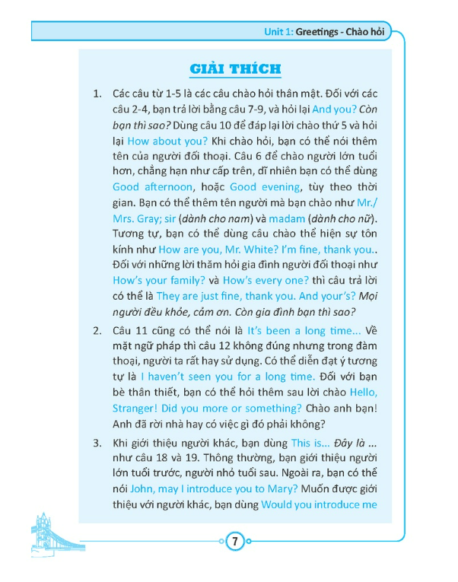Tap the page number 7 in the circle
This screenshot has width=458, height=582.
235,542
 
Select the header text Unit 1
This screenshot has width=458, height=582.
279,31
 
